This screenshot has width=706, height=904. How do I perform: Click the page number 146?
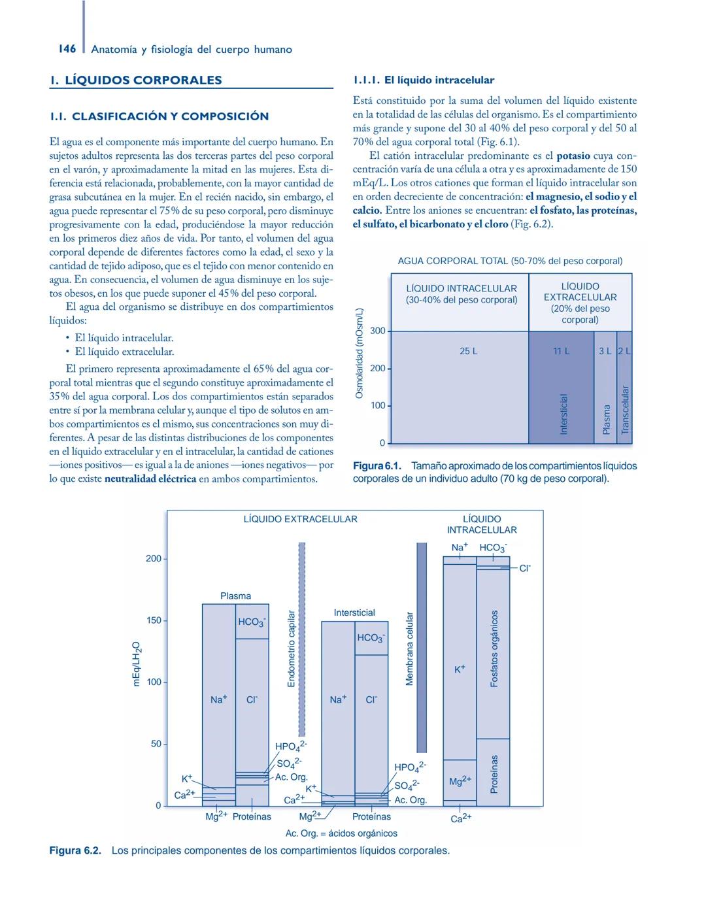(x=67, y=49)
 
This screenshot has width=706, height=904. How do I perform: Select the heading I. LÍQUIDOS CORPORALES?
(x=136, y=80)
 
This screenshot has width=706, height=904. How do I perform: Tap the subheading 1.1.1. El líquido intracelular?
(x=423, y=80)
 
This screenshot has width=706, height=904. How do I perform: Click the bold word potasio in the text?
(x=573, y=156)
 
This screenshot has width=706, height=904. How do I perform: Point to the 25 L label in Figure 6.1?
(x=468, y=351)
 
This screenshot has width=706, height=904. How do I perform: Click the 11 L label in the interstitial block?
(x=561, y=351)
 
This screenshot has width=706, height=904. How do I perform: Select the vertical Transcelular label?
(x=625, y=410)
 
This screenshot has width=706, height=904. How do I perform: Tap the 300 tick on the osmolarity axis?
(x=378, y=331)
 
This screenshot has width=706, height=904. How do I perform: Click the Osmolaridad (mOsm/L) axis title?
(x=358, y=353)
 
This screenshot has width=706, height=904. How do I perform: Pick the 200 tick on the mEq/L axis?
(x=153, y=559)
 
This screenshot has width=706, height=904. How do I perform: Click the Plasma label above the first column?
(x=235, y=596)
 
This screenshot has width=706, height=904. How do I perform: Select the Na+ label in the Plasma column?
(x=218, y=699)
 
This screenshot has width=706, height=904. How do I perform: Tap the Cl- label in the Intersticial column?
(x=371, y=699)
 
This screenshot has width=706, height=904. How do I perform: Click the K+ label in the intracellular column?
(x=460, y=669)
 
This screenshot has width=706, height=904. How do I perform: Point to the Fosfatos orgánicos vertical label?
(x=494, y=649)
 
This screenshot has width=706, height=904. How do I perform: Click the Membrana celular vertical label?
(x=410, y=649)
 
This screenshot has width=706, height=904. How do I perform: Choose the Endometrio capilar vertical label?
(x=292, y=649)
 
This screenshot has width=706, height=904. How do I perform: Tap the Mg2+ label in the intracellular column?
(x=460, y=781)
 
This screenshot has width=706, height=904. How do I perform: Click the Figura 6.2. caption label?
(x=75, y=850)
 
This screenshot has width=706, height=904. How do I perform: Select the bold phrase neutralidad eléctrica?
(x=150, y=478)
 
